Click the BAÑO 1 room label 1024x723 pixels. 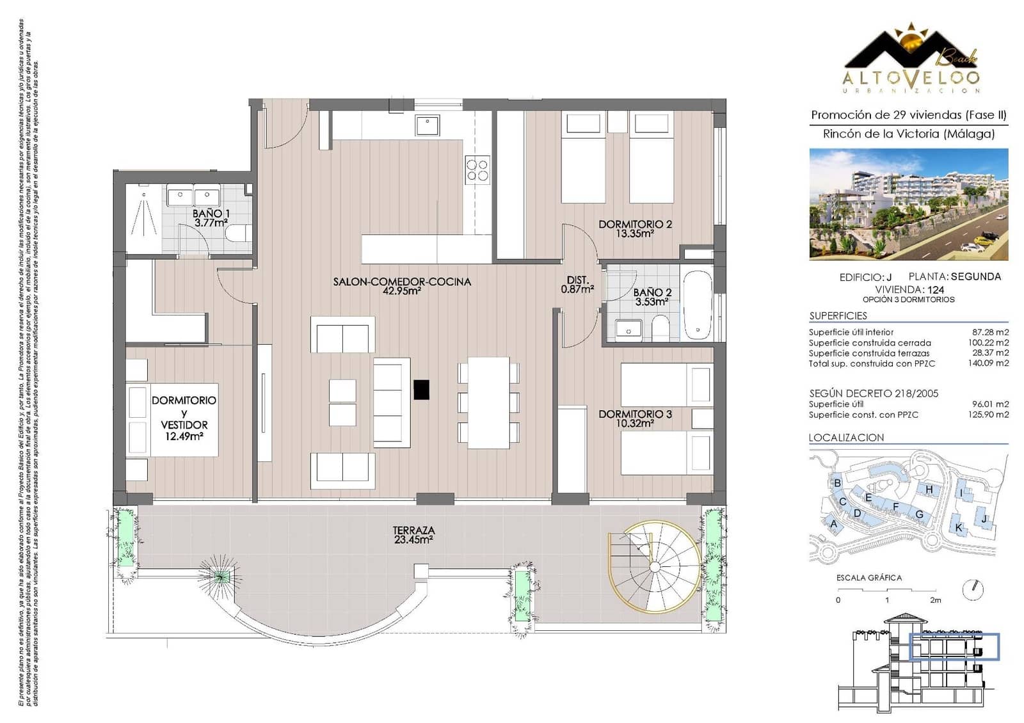pyautogui.click(x=211, y=214)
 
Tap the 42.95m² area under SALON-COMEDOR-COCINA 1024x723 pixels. pyautogui.click(x=401, y=291)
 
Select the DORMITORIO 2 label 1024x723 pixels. pyautogui.click(x=635, y=225)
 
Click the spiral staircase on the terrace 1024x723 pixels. pyautogui.click(x=653, y=567)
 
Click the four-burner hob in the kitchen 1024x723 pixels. pyautogui.click(x=477, y=170)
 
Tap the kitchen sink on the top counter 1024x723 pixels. pyautogui.click(x=427, y=125)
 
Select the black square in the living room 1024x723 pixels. pyautogui.click(x=421, y=389)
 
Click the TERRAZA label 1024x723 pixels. pyautogui.click(x=413, y=530)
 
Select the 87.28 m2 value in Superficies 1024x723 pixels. pyautogui.click(x=990, y=332)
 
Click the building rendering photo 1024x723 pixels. pyautogui.click(x=908, y=204)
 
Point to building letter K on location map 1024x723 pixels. pyautogui.click(x=958, y=528)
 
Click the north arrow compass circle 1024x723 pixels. pyautogui.click(x=973, y=589)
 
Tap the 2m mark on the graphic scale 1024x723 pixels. pyautogui.click(x=935, y=600)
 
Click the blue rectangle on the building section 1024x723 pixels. pyautogui.click(x=954, y=647)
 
